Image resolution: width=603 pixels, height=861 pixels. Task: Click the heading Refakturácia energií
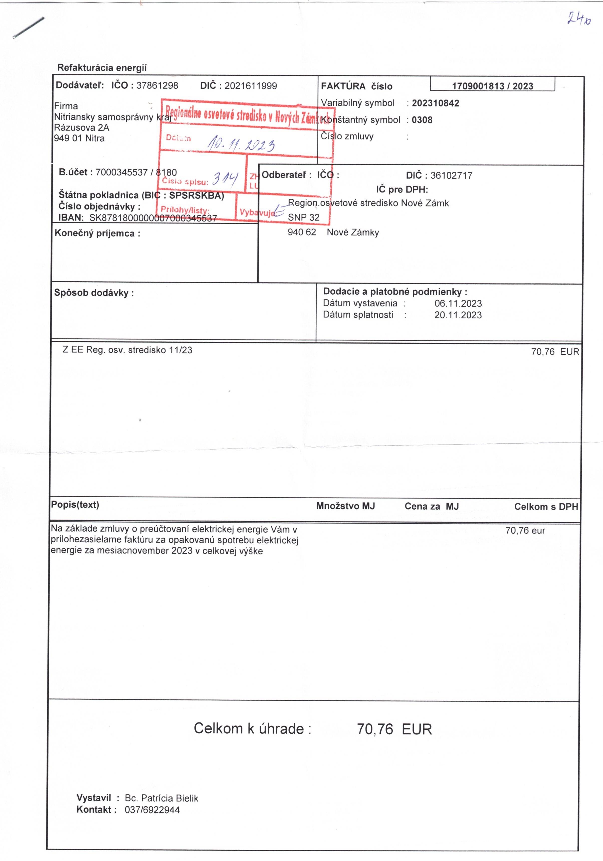pyautogui.click(x=102, y=68)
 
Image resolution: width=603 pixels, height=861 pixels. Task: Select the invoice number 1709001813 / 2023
pyautogui.click(x=492, y=86)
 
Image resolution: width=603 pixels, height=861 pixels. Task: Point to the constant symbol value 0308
pyautogui.click(x=422, y=120)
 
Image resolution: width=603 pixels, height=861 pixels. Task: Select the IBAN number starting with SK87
pyautogui.click(x=153, y=218)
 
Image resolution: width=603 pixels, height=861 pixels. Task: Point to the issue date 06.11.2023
pyautogui.click(x=458, y=303)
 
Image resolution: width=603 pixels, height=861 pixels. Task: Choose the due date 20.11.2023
pyautogui.click(x=458, y=315)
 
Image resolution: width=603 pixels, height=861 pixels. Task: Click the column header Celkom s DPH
pyautogui.click(x=546, y=507)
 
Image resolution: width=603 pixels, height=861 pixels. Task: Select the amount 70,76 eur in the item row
pyautogui.click(x=525, y=531)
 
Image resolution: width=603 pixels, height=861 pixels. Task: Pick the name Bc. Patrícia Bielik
pyautogui.click(x=161, y=798)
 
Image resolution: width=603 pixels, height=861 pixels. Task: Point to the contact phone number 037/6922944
pyautogui.click(x=152, y=810)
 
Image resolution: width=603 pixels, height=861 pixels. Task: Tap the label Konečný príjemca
pyautogui.click(x=97, y=233)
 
